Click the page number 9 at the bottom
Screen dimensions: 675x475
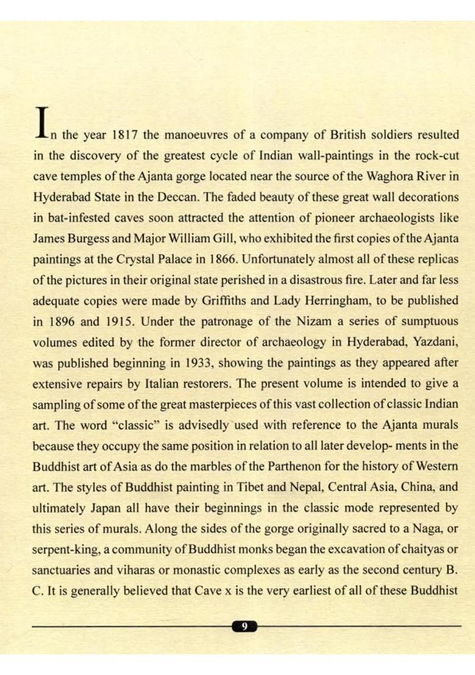244,626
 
